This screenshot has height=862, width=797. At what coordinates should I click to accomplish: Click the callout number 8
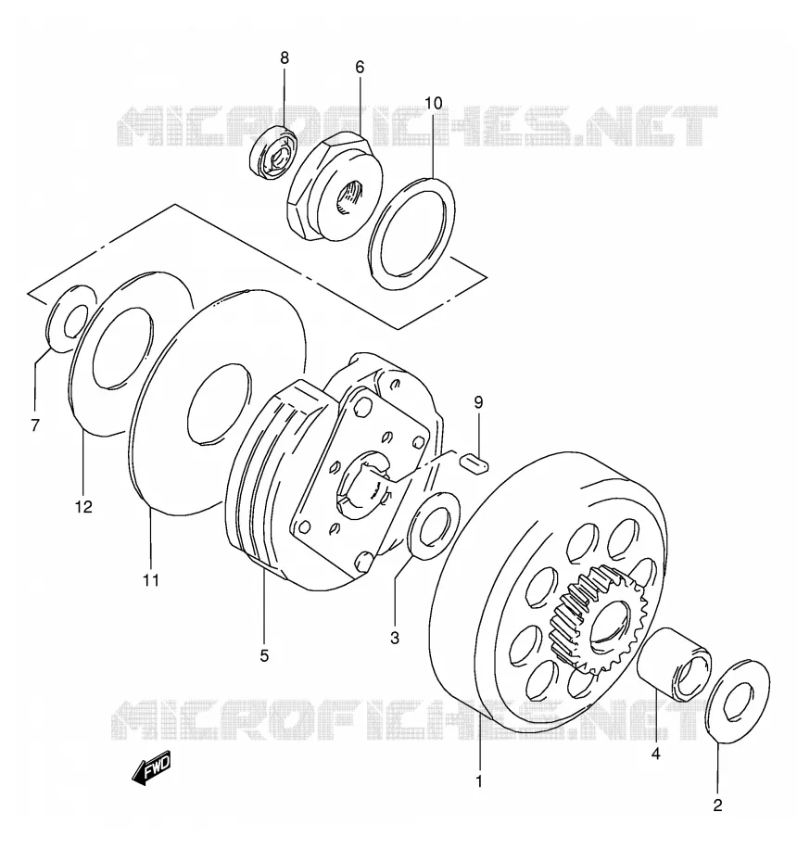click(x=285, y=57)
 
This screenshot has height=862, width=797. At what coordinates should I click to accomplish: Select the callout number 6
click(x=360, y=67)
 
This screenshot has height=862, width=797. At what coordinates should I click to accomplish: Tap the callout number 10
click(x=433, y=103)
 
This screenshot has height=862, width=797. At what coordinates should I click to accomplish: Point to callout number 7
click(x=35, y=425)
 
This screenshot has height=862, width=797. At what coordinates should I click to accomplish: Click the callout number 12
click(x=84, y=506)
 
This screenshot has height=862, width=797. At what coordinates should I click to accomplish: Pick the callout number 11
click(x=151, y=579)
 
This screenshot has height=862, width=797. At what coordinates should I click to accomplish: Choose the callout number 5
click(x=264, y=655)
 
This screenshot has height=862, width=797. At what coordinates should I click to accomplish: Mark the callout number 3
click(x=395, y=639)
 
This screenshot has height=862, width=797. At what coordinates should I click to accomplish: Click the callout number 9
click(x=478, y=402)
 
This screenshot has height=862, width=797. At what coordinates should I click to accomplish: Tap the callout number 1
click(x=479, y=781)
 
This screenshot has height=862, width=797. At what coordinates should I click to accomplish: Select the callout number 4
click(x=655, y=754)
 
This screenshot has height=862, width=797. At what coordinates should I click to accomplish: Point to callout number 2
click(x=717, y=806)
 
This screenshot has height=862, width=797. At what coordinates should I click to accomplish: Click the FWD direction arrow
click(x=151, y=767)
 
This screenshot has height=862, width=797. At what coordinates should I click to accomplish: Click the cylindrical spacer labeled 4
click(x=674, y=664)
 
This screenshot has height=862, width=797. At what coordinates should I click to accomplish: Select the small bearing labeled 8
click(x=273, y=152)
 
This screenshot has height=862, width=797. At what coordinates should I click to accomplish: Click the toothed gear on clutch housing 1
click(x=599, y=620)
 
